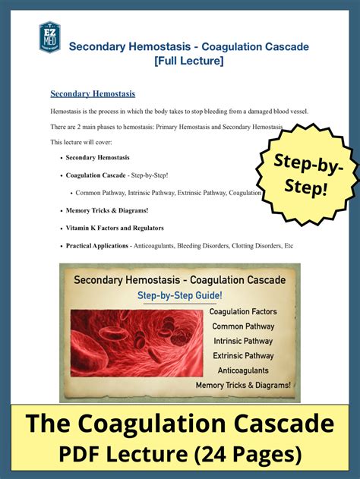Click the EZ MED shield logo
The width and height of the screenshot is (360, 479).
(x=50, y=37)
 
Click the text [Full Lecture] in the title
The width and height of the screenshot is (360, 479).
(x=189, y=61)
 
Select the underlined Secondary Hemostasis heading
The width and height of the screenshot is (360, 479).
(x=93, y=94)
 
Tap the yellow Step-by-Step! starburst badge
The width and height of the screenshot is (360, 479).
(x=308, y=174)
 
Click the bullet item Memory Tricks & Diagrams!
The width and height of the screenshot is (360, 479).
(x=107, y=210)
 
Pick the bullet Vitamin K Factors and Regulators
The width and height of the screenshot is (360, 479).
(x=115, y=228)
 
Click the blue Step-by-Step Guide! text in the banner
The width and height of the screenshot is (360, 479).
(x=179, y=295)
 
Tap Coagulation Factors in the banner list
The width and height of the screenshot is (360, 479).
(x=242, y=312)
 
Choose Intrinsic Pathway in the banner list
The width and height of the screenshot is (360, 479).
(x=242, y=341)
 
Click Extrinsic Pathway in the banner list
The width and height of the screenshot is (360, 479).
(x=242, y=356)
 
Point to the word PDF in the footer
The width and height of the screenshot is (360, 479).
(x=84, y=455)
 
